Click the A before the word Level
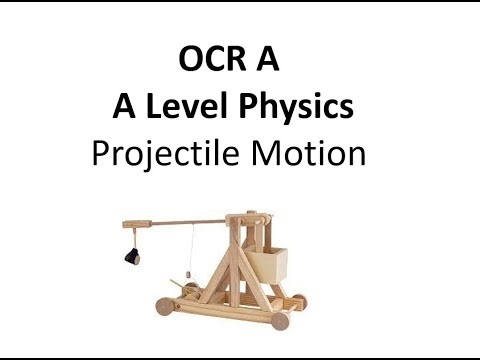point(125,108)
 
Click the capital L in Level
point(152,108)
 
